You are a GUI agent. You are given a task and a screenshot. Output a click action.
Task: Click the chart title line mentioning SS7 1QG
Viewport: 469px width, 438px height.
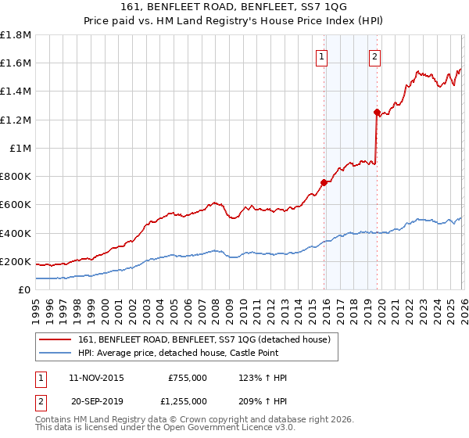click(x=234, y=7)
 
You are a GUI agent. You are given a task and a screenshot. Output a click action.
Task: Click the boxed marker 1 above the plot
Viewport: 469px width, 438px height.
click(x=322, y=56)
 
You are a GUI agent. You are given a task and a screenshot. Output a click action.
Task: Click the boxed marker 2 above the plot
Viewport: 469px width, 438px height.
click(x=375, y=56)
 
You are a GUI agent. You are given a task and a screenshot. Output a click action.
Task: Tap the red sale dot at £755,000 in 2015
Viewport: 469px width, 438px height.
click(x=324, y=182)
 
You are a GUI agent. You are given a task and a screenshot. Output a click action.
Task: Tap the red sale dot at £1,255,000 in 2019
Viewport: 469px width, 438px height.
click(x=377, y=112)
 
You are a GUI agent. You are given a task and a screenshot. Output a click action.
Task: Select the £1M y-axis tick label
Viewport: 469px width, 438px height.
click(x=21, y=148)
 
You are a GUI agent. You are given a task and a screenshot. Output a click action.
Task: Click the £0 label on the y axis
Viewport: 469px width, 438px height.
click(x=24, y=289)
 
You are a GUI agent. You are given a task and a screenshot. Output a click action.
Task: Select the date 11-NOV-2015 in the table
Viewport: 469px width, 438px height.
click(x=96, y=378)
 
